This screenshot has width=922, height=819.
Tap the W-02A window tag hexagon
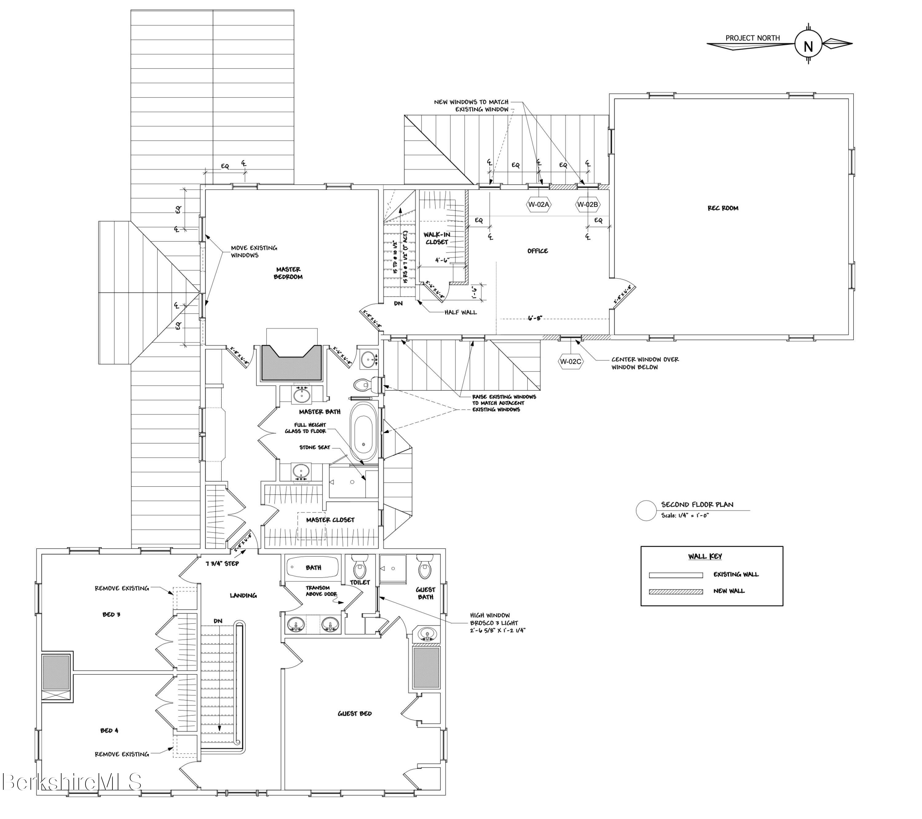pyautogui.click(x=539, y=204)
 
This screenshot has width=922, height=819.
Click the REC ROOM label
pyautogui.click(x=722, y=208)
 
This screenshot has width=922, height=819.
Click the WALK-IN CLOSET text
pyautogui.click(x=437, y=239)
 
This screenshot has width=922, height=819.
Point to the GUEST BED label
pyautogui.click(x=354, y=713)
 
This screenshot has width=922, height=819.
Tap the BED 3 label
pyautogui.click(x=111, y=614)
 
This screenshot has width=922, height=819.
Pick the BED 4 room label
pyautogui.click(x=109, y=730)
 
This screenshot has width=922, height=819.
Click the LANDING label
pyautogui.click(x=243, y=596)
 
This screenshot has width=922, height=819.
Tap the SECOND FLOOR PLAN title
pyautogui.click(x=697, y=504)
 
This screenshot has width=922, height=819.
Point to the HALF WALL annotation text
pyautogui.click(x=460, y=312)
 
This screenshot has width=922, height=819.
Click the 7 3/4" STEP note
pyautogui.click(x=222, y=564)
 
